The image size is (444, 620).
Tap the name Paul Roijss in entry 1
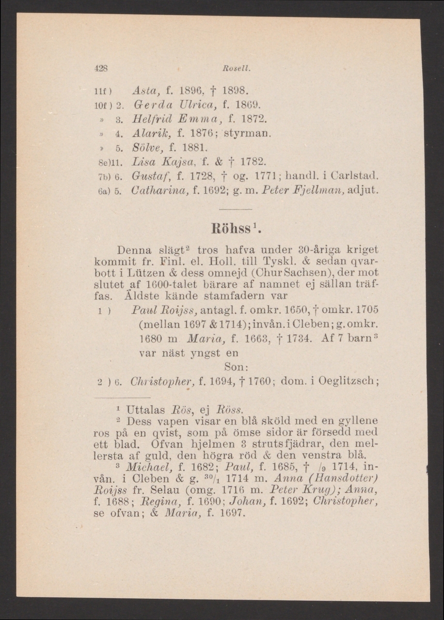click(157, 309)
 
